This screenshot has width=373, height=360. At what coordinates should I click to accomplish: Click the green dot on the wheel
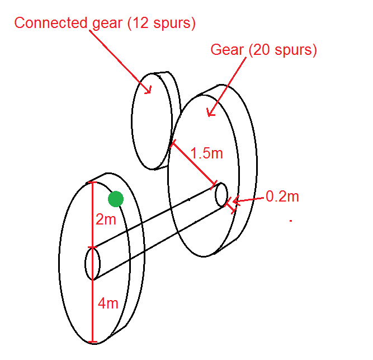click(x=115, y=198)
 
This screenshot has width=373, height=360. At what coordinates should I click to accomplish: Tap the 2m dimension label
click(x=106, y=219)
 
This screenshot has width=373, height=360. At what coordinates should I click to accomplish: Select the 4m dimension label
click(x=108, y=303)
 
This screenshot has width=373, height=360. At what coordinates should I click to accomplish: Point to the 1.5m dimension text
click(x=206, y=153)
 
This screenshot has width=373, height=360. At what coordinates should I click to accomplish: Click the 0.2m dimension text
click(x=282, y=197)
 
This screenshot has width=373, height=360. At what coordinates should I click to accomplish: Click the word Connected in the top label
click(x=51, y=23)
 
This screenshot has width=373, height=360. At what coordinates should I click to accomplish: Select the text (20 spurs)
click(x=282, y=50)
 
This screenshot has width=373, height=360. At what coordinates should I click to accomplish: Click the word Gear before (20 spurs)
click(x=226, y=50)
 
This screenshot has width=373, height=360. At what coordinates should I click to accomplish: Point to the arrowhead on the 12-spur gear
click(x=149, y=90)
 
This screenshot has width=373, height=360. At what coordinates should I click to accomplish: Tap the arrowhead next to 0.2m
click(x=236, y=200)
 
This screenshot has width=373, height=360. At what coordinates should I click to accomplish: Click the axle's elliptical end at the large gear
click(x=221, y=194)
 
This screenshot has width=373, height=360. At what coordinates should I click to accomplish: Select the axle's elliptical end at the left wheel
click(x=92, y=264)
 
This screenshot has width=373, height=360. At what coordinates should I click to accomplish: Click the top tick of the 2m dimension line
click(x=92, y=183)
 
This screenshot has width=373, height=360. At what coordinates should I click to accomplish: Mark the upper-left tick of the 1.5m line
click(x=172, y=143)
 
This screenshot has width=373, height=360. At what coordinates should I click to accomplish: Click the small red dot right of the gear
click(x=291, y=221)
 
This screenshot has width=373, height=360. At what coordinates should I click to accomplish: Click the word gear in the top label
click(x=105, y=24)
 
